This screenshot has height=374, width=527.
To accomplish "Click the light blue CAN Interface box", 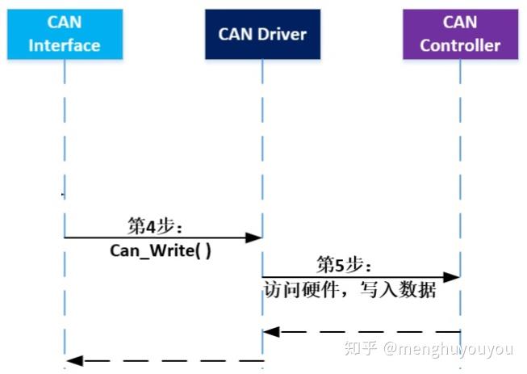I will [x=65, y=34].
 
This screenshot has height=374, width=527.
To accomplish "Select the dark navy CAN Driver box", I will [x=261, y=34].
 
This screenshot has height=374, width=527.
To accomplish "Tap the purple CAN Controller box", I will [x=460, y=34].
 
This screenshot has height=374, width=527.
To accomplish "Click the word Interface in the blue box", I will [x=65, y=45].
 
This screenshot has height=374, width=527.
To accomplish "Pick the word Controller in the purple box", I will [x=460, y=45].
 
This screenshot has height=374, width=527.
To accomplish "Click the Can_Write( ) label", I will [x=161, y=250].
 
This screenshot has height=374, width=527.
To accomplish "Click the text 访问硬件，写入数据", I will [x=349, y=289].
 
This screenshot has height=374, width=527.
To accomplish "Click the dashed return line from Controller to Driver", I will [x=363, y=331].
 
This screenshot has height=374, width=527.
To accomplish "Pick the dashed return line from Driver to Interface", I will [x=165, y=359].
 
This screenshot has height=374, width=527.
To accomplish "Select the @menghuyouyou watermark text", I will [x=448, y=350].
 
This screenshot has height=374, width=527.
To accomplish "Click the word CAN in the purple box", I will [x=460, y=22].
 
